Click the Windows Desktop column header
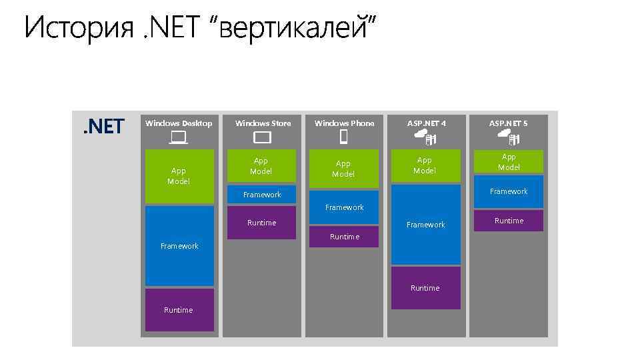(x=179, y=123)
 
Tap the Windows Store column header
(x=263, y=123)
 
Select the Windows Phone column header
(x=344, y=123)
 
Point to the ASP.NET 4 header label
(x=426, y=123)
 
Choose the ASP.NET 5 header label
(x=508, y=123)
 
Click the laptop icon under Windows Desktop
(x=178, y=137)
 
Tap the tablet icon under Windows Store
(x=262, y=137)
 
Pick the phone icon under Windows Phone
(x=344, y=137)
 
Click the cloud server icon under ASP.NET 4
(x=425, y=137)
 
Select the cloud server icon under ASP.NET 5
(x=509, y=137)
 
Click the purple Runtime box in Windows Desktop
(x=179, y=310)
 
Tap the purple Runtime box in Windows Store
(x=261, y=223)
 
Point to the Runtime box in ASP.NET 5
(x=509, y=221)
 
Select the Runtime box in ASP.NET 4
(x=425, y=288)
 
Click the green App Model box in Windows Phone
(x=343, y=169)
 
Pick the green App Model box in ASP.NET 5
(x=509, y=162)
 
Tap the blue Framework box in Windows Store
(x=262, y=195)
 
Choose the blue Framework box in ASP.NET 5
(x=509, y=191)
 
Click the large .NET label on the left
(x=103, y=126)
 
